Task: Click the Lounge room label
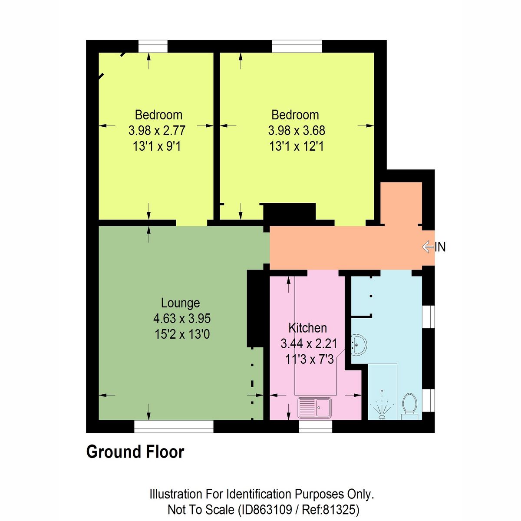tap(180, 303)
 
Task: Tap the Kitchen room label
tap(307, 328)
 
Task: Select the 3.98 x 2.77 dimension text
tap(157, 131)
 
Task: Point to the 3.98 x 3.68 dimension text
tap(297, 131)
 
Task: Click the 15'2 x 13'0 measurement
tap(182, 334)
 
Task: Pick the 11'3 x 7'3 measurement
tap(309, 359)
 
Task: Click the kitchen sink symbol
tap(315, 408)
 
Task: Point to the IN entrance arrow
tap(434, 247)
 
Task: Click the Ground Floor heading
tap(135, 452)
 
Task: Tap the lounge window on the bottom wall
tap(174, 427)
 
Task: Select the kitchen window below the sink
tap(316, 427)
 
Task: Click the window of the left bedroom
tap(153, 46)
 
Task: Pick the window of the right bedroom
tap(297, 46)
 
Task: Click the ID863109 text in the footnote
tap(265, 509)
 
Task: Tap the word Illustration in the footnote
tap(175, 494)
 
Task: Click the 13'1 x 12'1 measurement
tap(296, 146)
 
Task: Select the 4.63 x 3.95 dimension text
tap(182, 319)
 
